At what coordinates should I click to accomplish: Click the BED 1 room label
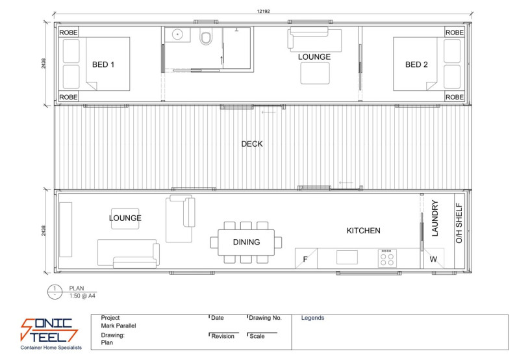click(x=104, y=64)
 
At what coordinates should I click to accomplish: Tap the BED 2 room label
click(x=416, y=64)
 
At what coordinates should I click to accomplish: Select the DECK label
click(x=252, y=144)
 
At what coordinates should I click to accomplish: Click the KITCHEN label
click(x=363, y=231)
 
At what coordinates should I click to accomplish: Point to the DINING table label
click(x=246, y=242)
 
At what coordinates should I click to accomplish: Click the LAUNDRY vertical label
click(x=435, y=218)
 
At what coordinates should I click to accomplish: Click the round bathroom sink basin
click(x=176, y=34)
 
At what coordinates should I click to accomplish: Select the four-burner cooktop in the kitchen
click(x=387, y=257)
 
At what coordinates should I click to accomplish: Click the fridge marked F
click(x=305, y=259)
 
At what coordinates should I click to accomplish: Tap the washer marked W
click(x=433, y=259)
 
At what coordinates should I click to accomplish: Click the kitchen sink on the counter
click(x=347, y=257)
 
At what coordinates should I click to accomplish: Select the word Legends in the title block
click(x=312, y=318)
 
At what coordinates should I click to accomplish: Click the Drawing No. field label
click(x=266, y=318)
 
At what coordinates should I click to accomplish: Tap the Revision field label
click(x=222, y=336)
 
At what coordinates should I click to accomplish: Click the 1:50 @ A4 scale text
click(x=82, y=296)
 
